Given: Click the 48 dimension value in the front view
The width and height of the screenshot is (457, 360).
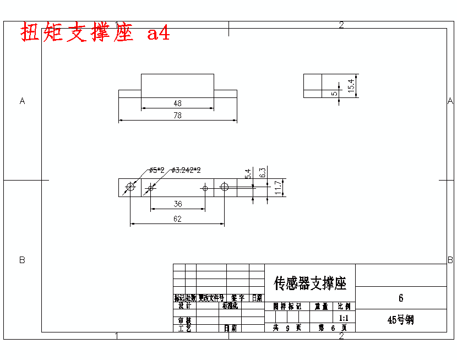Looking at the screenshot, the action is pyautogui.click(x=177, y=103).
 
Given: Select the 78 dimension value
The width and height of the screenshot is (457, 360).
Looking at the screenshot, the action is pyautogui.click(x=177, y=115).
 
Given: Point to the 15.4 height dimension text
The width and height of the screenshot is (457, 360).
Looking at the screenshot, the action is pyautogui.click(x=351, y=85).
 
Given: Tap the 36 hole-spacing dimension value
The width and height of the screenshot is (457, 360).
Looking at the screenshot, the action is pyautogui.click(x=178, y=204).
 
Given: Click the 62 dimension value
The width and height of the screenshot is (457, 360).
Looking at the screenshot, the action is pyautogui.click(x=177, y=219).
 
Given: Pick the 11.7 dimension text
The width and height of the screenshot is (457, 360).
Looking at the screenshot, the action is pyautogui.click(x=279, y=188).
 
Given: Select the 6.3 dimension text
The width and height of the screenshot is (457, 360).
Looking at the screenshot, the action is pyautogui.click(x=263, y=172).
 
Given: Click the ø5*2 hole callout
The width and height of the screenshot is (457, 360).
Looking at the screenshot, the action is pyautogui.click(x=157, y=170).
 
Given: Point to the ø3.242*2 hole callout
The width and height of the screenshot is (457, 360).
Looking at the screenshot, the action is pyautogui.click(x=186, y=170).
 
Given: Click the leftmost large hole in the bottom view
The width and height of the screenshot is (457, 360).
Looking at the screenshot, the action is pyautogui.click(x=130, y=188).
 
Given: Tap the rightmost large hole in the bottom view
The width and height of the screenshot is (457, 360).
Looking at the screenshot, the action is pyautogui.click(x=224, y=187).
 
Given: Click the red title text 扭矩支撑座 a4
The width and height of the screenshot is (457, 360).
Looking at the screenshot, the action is pyautogui.click(x=95, y=33).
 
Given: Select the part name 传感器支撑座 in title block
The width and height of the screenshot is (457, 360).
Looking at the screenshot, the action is pyautogui.click(x=310, y=283).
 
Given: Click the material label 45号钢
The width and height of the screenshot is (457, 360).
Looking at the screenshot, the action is pyautogui.click(x=400, y=320).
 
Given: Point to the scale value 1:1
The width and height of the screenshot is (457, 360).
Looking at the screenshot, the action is pyautogui.click(x=344, y=318).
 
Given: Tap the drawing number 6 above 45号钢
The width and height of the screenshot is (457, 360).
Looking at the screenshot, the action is pyautogui.click(x=401, y=298).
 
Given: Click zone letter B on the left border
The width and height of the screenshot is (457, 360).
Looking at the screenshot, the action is pyautogui.click(x=22, y=260).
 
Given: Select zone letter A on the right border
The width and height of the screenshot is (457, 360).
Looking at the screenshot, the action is pyautogui.click(x=450, y=101).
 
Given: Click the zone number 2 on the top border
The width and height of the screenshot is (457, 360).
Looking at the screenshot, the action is pyautogui.click(x=341, y=25).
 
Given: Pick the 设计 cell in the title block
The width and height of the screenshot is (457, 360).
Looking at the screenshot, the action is pyautogui.click(x=184, y=306).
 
